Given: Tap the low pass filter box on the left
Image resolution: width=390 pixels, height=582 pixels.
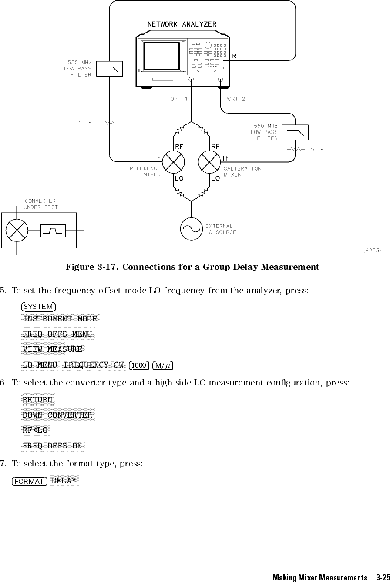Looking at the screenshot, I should click(109, 69).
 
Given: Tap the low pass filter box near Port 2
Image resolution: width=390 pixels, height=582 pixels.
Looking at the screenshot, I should click(295, 132).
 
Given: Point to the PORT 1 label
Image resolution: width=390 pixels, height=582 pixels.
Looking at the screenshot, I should click(177, 99).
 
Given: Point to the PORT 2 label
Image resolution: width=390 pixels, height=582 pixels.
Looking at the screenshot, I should click(235, 99).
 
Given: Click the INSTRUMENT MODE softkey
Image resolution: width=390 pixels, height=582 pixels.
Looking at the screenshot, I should click(60, 319).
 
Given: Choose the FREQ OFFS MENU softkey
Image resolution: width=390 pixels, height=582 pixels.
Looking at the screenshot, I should click(57, 334).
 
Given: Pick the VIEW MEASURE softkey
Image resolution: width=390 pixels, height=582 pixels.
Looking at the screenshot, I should click(53, 349).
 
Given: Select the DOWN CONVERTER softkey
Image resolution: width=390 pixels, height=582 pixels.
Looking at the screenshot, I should click(57, 415).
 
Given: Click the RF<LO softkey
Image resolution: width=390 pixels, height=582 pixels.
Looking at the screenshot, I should click(35, 430).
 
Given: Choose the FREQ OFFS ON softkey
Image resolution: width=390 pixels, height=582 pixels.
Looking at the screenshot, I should click(53, 446).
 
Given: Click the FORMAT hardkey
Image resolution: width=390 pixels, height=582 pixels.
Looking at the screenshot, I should click(30, 481).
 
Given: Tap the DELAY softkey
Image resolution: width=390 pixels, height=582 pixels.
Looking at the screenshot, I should click(64, 481).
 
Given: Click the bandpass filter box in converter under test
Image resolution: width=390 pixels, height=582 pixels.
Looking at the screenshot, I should click(53, 231).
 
